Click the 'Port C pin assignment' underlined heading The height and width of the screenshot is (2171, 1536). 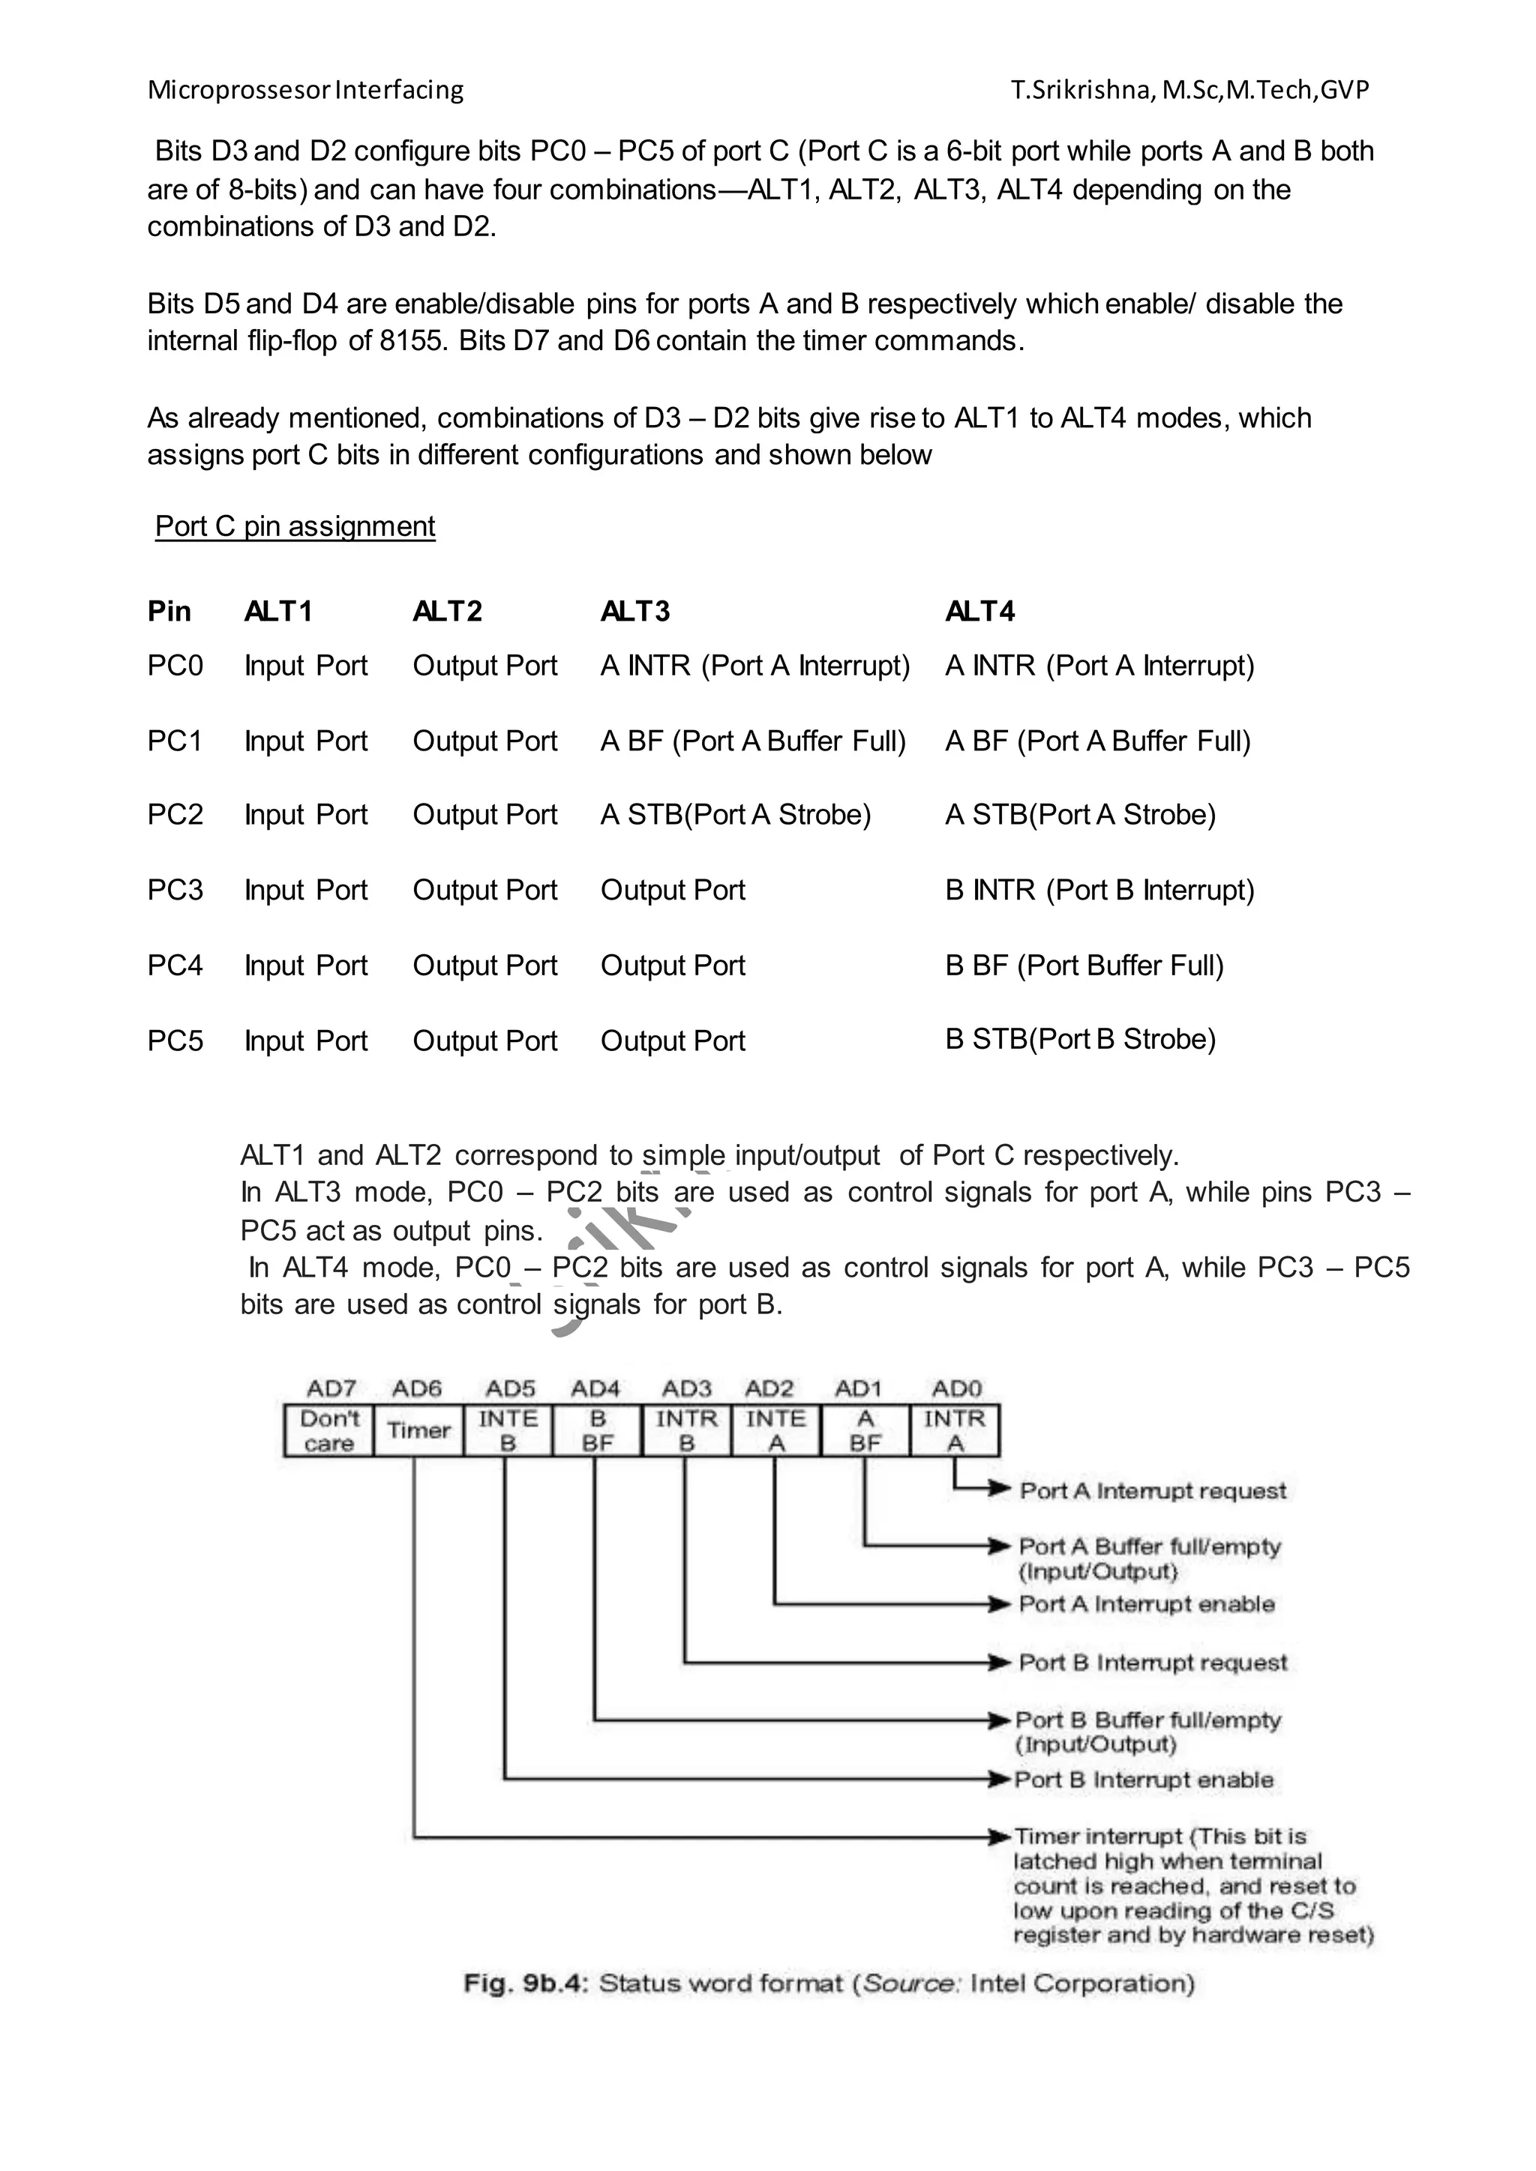[x=295, y=527]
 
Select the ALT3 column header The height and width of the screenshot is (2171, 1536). [x=634, y=612]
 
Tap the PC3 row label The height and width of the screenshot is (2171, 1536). [x=175, y=891]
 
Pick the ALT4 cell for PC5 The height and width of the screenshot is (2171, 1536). [x=1080, y=1039]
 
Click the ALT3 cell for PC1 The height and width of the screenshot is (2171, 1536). [x=753, y=741]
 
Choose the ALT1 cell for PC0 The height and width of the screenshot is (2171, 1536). [x=305, y=666]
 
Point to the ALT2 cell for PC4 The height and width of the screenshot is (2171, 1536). [x=484, y=966]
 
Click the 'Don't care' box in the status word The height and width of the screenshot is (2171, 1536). [x=329, y=1430]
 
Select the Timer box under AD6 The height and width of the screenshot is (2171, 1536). [x=418, y=1430]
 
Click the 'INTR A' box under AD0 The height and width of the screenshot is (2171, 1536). [x=954, y=1430]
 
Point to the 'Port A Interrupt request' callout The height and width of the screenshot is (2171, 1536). [x=1153, y=1491]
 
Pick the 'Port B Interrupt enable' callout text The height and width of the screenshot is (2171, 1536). [x=1144, y=1780]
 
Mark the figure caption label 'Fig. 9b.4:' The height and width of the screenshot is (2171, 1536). [x=526, y=1983]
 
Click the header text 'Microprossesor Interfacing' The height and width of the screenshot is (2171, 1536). [x=305, y=90]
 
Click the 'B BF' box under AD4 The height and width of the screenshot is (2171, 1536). [x=597, y=1430]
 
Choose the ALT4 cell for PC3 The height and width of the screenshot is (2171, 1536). [x=1099, y=891]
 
